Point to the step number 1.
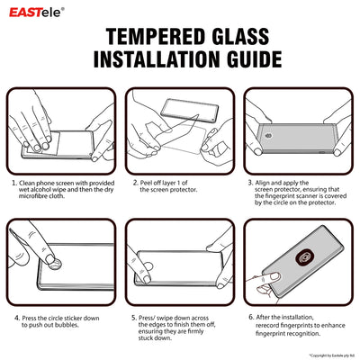13,182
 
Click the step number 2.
134,182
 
